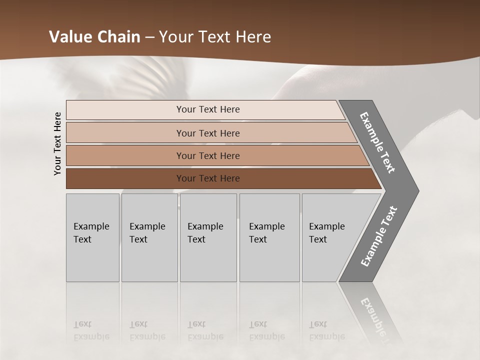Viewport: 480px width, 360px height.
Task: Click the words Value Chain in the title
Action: (x=94, y=37)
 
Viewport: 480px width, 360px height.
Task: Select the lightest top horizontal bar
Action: (x=208, y=109)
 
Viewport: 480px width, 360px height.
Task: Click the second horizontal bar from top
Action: (x=208, y=133)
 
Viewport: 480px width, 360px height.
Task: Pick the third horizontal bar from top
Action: (x=208, y=155)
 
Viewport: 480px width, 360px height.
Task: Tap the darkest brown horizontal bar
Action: (x=208, y=178)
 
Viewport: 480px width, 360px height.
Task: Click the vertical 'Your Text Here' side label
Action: (x=57, y=143)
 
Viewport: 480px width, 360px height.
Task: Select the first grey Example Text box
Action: (x=92, y=237)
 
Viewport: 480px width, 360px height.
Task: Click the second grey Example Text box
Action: (x=149, y=237)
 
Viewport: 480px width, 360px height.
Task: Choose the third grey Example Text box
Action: (x=207, y=237)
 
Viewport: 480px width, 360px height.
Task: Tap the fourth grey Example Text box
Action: (x=269, y=237)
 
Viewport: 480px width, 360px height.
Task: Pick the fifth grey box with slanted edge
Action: (x=330, y=237)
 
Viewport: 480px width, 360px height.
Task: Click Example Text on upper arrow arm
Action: (x=377, y=142)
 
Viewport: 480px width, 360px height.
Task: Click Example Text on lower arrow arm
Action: (x=378, y=236)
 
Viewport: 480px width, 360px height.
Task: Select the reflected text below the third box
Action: (x=205, y=330)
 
